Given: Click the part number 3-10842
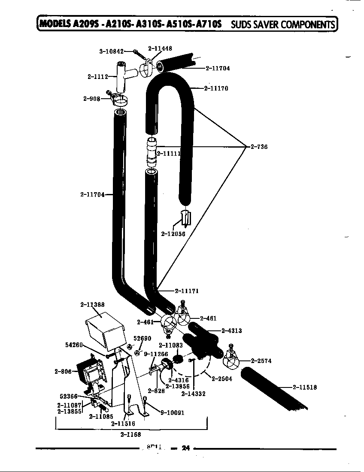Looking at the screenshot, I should point(111,51).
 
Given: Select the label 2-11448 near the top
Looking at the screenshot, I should point(160,48).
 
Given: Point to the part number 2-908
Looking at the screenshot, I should point(91,99).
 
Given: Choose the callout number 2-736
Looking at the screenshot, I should point(259,147).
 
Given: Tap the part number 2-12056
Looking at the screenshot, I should point(173,234).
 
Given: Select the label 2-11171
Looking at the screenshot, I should point(187,290).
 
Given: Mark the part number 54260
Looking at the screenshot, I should point(74,345).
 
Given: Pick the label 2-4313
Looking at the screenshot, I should point(231,330).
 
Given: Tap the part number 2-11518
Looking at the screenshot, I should point(305,387).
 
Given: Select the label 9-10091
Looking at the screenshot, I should point(172,413).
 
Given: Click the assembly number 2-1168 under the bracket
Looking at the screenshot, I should point(130,434).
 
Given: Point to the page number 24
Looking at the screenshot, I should point(185,448).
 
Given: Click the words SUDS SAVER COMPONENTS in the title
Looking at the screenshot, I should point(282,24).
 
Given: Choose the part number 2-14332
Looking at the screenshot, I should point(193,393).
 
